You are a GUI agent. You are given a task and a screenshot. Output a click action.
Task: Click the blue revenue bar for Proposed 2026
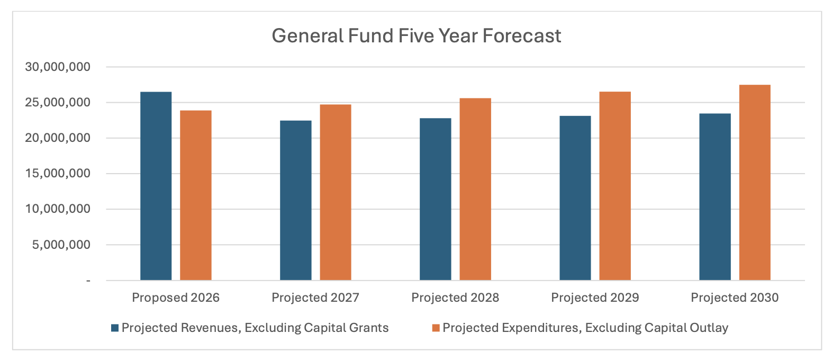click(x=156, y=186)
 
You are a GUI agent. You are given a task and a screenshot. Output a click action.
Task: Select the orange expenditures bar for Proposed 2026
click(x=195, y=195)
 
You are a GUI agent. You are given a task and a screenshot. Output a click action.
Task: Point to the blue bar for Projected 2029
click(x=575, y=198)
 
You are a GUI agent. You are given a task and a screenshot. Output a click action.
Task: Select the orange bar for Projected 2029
click(x=614, y=186)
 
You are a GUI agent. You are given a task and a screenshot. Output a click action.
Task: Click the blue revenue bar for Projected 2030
click(x=715, y=196)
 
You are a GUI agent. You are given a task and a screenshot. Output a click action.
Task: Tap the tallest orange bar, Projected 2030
click(x=754, y=182)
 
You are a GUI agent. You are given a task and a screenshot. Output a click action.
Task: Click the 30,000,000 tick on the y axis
click(x=58, y=67)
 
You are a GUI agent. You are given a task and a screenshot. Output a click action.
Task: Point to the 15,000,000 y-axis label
click(x=58, y=174)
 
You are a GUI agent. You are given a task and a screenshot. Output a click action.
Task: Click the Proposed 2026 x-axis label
click(x=176, y=298)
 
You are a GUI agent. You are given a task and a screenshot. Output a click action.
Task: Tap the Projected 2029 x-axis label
click(x=595, y=298)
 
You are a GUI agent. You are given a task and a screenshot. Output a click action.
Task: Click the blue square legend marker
click(x=115, y=328)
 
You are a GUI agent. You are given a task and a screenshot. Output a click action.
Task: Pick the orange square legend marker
click(x=436, y=328)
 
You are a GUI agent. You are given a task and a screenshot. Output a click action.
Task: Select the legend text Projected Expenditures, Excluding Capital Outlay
click(x=585, y=328)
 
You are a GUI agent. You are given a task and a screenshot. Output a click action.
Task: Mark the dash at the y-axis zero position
click(x=88, y=281)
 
